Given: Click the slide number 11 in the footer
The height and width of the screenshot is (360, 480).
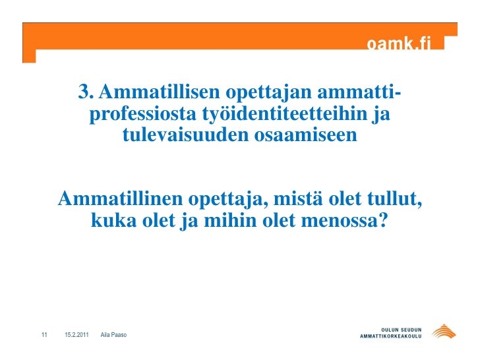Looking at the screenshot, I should tap(44, 336).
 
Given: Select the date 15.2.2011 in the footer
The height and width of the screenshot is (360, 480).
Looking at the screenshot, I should tap(78, 336).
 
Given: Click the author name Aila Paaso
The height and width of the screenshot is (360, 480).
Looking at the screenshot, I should tap(114, 336).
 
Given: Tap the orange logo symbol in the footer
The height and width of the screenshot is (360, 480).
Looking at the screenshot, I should tap(442, 332).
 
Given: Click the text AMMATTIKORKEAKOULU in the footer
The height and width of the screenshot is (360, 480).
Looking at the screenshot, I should tap(391, 337).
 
